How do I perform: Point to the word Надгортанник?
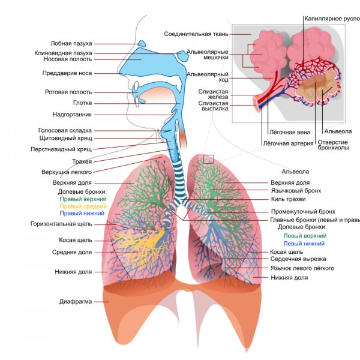click(x=73, y=113)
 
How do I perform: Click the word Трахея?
click(x=82, y=162)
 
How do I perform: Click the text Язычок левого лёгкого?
click(x=302, y=268)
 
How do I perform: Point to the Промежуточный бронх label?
click(x=302, y=212)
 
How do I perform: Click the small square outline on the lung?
click(x=208, y=159)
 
